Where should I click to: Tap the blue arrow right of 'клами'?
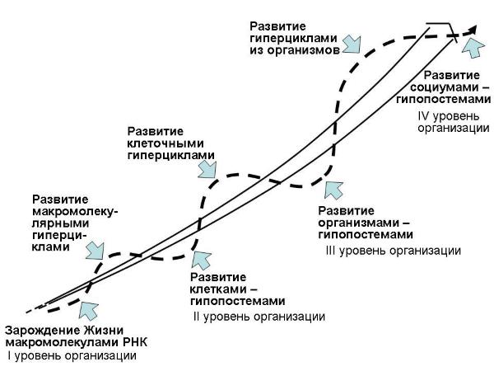coord(95,247)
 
